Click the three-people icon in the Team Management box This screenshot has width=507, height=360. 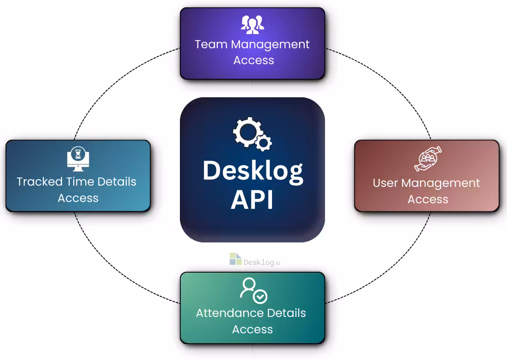[x=253, y=25]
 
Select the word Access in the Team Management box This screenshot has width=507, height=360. [x=253, y=60]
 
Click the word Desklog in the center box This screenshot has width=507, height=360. [x=253, y=171]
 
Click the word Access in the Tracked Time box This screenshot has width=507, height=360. [x=78, y=198]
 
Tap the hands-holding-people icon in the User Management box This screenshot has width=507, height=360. [x=428, y=158]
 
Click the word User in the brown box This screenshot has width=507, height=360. [x=385, y=183]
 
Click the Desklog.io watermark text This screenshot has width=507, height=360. [x=262, y=262]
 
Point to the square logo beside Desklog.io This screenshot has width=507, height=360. [x=235, y=259]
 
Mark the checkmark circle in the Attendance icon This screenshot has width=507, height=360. [x=260, y=297]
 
